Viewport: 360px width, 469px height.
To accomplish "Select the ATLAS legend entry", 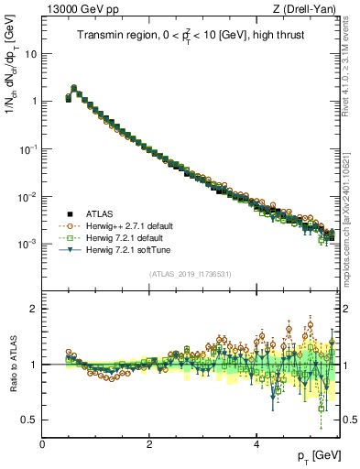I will pyautogui.click(x=100, y=211).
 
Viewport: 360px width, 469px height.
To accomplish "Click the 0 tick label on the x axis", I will pyautogui.click(x=42, y=444).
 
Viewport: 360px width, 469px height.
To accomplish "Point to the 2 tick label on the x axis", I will pyautogui.click(x=149, y=444).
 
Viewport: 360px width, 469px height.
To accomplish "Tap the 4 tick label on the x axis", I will pyautogui.click(x=256, y=444).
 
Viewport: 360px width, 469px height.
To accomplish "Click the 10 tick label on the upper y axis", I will pyautogui.click(x=29, y=54).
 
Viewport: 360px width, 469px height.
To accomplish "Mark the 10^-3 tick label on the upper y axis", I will pyautogui.click(x=27, y=245).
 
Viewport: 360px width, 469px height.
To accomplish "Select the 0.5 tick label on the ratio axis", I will pyautogui.click(x=29, y=420).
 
